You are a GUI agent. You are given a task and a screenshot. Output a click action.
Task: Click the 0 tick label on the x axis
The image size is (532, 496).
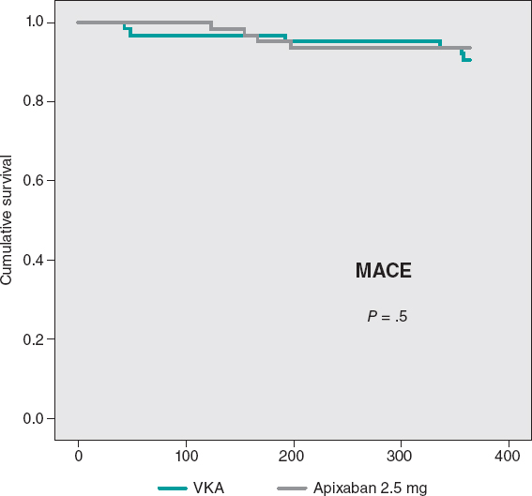point(78,457)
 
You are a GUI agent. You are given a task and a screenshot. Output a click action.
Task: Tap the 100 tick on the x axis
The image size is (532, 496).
point(186,457)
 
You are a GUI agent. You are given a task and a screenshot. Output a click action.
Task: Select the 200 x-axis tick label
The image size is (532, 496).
point(294,457)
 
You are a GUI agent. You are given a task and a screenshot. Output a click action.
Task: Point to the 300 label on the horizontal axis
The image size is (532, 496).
point(402,457)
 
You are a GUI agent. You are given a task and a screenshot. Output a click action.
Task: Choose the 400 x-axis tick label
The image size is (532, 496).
point(509,457)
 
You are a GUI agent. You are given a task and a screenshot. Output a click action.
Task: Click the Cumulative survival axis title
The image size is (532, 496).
point(8,220)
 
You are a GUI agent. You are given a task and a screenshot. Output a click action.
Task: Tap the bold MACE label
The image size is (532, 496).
point(384,272)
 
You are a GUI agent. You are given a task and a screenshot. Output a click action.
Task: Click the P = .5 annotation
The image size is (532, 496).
point(387,318)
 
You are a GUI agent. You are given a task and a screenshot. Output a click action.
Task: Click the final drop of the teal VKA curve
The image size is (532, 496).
point(463,56)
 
